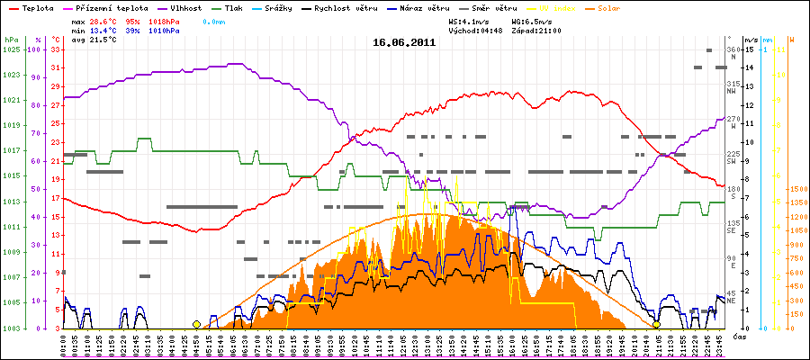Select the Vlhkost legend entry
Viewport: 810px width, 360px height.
185,6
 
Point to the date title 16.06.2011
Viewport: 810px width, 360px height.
405,41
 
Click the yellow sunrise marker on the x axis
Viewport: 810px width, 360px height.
197,324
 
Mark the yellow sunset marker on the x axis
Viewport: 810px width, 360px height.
657,324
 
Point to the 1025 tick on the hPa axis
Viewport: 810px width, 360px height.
12,49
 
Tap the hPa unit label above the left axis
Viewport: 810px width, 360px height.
11,40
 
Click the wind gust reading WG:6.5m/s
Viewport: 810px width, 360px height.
536,19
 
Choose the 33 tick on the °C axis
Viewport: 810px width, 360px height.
56,49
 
